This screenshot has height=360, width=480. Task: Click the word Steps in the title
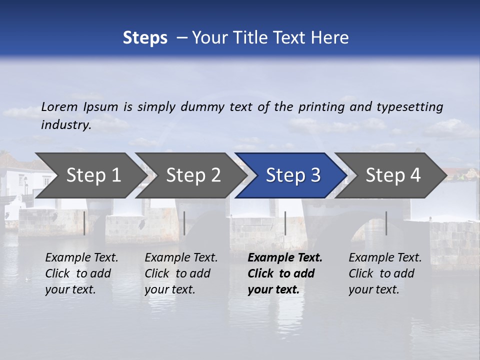145,38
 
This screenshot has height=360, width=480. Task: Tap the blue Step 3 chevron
293,175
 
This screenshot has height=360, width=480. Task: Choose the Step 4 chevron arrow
393,175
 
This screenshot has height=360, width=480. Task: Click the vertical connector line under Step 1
84,223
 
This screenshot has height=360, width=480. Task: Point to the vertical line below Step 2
184,223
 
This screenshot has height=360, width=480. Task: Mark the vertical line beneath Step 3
285,223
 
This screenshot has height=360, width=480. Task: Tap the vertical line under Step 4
386,223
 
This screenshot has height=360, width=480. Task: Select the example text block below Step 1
81,273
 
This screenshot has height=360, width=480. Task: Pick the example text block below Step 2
181,273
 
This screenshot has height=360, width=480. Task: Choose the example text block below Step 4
385,273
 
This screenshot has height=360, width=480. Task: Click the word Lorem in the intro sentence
59,107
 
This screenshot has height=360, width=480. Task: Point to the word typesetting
409,107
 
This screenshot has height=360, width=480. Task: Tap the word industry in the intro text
65,125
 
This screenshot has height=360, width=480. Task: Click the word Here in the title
330,38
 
